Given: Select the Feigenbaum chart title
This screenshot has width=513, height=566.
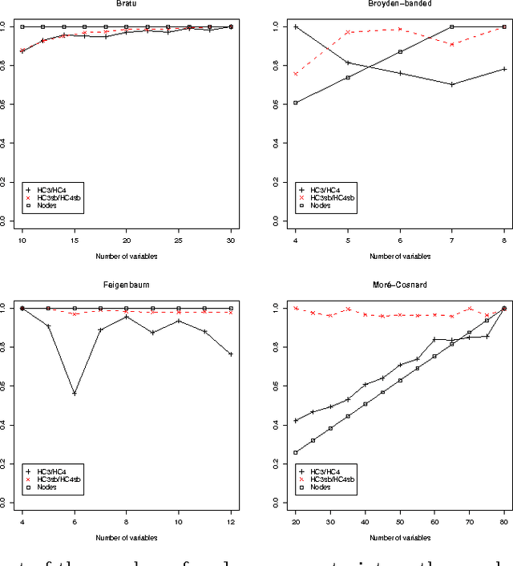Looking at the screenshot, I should (127, 285).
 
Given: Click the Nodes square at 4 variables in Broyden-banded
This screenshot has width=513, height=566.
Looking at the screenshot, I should (297, 103).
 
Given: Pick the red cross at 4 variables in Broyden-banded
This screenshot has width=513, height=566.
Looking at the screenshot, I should (297, 74).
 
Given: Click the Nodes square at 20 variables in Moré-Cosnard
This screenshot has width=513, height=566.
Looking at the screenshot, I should (297, 452).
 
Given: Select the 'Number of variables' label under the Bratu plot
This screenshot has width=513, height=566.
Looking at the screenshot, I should (127, 257).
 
